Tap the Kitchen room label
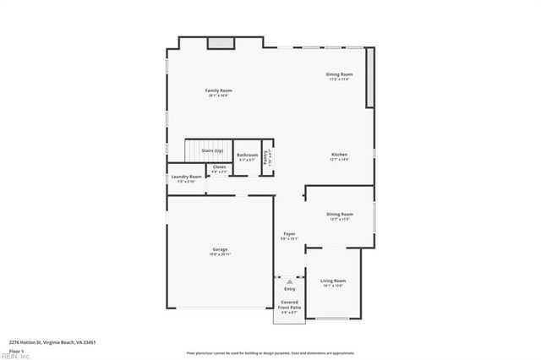[x=339, y=155]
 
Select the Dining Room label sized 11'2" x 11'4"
[x=340, y=74]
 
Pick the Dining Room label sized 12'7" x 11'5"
[x=339, y=215]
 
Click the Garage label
[x=220, y=249]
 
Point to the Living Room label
[x=333, y=281]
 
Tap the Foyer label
[x=289, y=233]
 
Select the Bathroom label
[x=247, y=155]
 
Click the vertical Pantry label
[x=266, y=157]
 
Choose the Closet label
[x=219, y=167]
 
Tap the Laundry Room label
[x=187, y=177]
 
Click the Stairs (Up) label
[x=212, y=150]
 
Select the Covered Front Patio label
[x=290, y=306]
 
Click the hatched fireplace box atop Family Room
[x=221, y=41]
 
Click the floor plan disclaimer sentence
[x=270, y=352]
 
